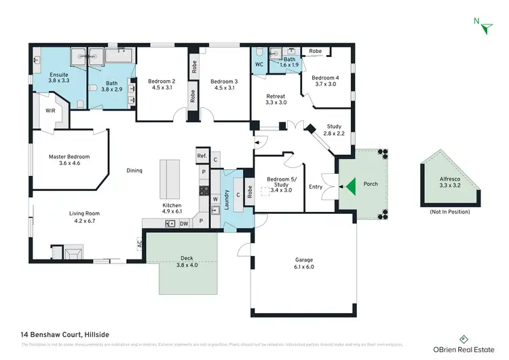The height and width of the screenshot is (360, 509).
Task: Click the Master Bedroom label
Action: [69, 160]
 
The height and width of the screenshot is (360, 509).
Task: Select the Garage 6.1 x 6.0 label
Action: [304, 264]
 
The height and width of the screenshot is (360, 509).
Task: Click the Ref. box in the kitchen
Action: [202, 156]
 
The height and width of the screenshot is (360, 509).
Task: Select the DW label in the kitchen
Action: [184, 223]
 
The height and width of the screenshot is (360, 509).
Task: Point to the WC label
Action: [259, 65]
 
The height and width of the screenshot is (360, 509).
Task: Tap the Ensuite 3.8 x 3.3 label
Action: [58, 77]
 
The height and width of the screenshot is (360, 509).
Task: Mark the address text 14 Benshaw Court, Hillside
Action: [65, 334]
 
